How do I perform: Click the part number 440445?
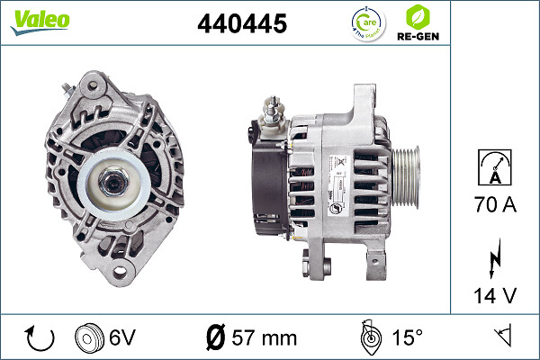[x=241, y=24]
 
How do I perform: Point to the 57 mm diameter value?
[x=264, y=339]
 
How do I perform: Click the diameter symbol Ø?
[x=216, y=339]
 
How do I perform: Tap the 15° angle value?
[x=407, y=339]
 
